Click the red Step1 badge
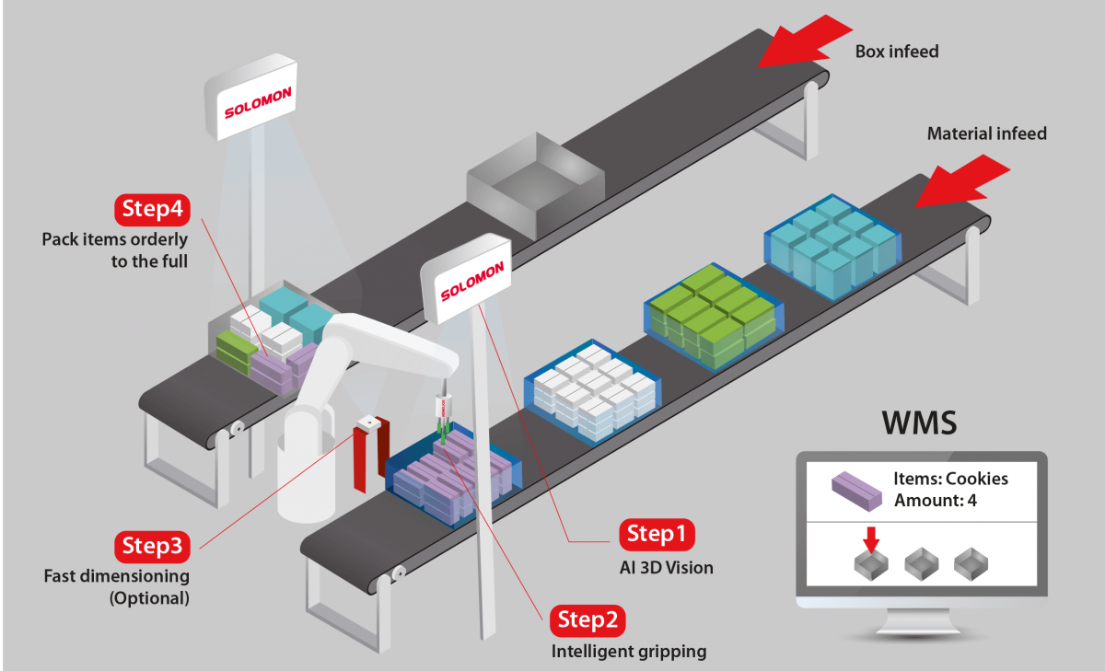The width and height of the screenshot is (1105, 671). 657,535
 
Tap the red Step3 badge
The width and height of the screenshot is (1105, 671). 152,547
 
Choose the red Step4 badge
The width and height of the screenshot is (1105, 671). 152,210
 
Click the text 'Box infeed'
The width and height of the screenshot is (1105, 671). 897,52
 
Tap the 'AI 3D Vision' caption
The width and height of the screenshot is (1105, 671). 666,568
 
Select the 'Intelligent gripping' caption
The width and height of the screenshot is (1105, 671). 629,652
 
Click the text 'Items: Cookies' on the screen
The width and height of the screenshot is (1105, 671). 950,479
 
